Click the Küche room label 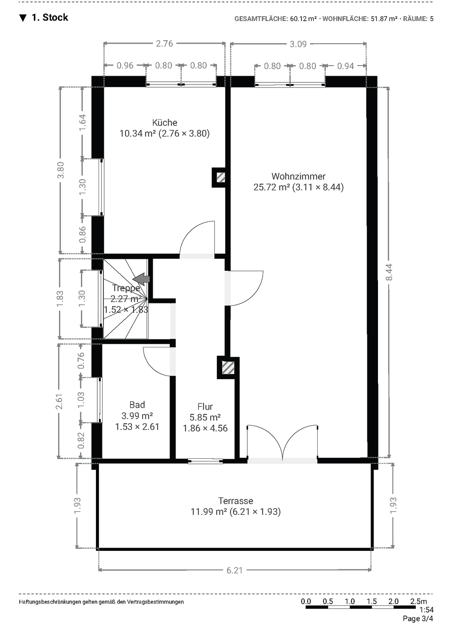[x=165, y=122]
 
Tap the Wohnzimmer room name [x=298, y=176]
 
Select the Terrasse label [x=235, y=501]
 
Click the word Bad [x=137, y=405]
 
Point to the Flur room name [x=205, y=406]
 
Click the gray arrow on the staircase [x=141, y=279]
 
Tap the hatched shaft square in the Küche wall [x=221, y=178]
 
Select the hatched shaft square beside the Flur [x=228, y=368]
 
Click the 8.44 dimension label [x=389, y=272]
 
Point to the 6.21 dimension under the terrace [x=235, y=570]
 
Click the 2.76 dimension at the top [x=165, y=44]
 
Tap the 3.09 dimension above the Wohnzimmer [x=298, y=44]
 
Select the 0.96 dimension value [x=125, y=66]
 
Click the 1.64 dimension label [x=82, y=122]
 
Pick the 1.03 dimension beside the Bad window [x=81, y=400]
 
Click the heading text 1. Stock [x=50, y=18]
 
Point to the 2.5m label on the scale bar [x=418, y=601]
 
